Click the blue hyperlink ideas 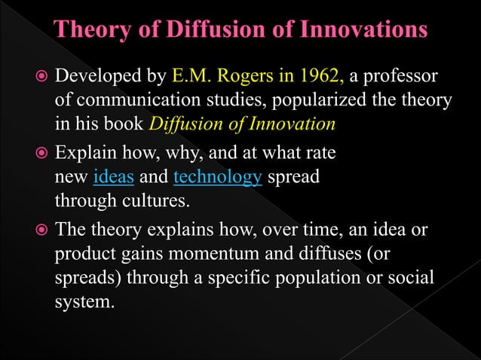click(113, 178)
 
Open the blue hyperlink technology click(217, 178)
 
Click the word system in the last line click(82, 301)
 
